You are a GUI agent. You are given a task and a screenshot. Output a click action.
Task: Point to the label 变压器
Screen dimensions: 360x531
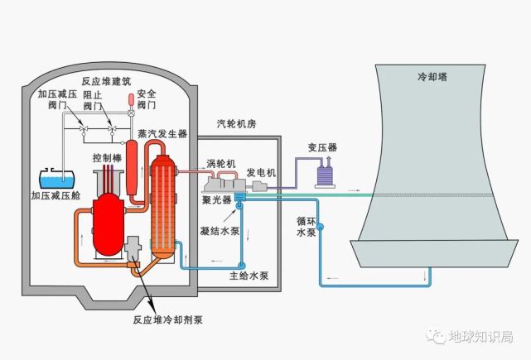point(321,147)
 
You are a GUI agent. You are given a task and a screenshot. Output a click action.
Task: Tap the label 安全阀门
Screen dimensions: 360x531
point(146,99)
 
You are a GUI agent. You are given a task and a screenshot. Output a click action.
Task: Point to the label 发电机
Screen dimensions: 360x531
point(261,172)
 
